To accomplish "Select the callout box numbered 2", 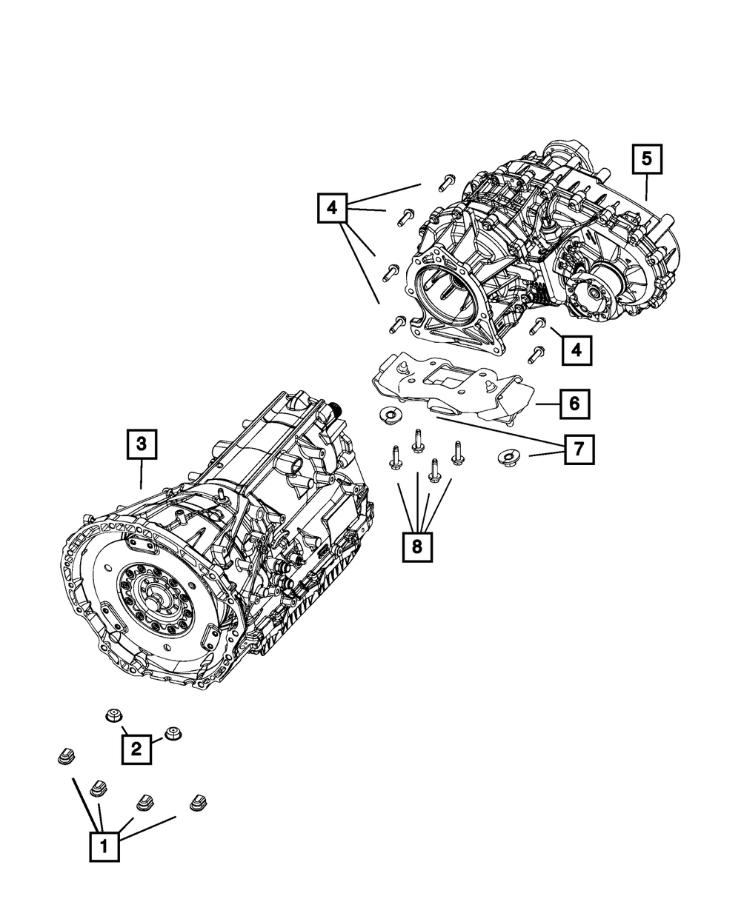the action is [x=136, y=749].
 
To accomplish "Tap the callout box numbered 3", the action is [x=142, y=444].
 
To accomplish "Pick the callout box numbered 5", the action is [x=647, y=159].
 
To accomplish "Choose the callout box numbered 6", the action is [x=575, y=404].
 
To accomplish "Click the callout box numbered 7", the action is [x=579, y=449].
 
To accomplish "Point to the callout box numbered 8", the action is [x=417, y=547].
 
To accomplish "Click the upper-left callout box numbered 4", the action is [x=332, y=208].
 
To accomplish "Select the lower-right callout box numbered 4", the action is [x=576, y=350].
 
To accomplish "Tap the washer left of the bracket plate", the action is [x=390, y=416].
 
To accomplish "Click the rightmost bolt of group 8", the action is [x=458, y=453].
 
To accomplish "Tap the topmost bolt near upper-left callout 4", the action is [x=446, y=183].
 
